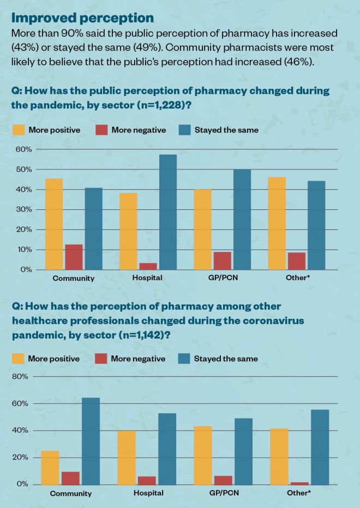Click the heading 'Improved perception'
(x=82, y=19)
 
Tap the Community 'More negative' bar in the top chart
(x=74, y=257)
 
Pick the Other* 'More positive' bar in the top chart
(x=277, y=223)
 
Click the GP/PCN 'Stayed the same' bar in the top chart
(x=242, y=220)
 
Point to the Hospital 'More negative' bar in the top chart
(x=148, y=267)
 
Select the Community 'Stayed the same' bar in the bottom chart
(x=91, y=441)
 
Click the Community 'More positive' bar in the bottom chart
(x=50, y=468)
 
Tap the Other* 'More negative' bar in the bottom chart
(x=298, y=483)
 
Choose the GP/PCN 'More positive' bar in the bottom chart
(x=203, y=455)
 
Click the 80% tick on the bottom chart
(x=21, y=377)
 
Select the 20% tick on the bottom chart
(x=21, y=457)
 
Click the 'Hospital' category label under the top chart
(x=147, y=278)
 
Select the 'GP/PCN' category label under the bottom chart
(x=225, y=493)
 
